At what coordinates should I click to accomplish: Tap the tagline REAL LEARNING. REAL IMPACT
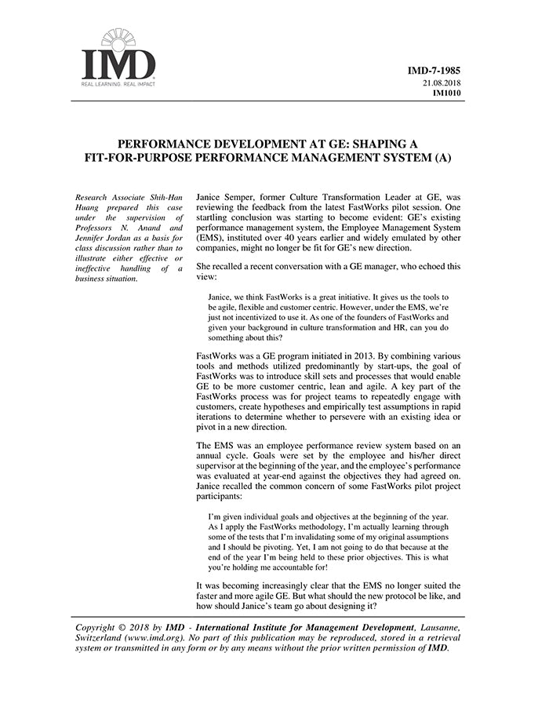[x=118, y=83]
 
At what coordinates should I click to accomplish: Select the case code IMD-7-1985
[x=434, y=71]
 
